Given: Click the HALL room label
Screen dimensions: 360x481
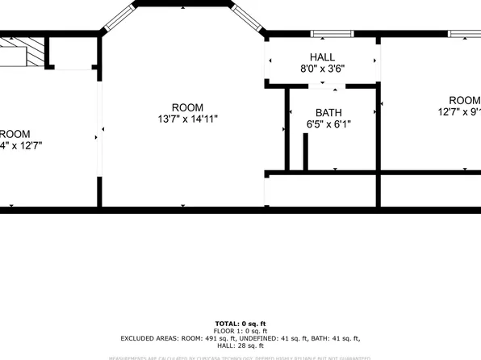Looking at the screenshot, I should pyautogui.click(x=322, y=57).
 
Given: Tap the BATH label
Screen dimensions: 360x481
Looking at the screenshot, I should pyautogui.click(x=328, y=113).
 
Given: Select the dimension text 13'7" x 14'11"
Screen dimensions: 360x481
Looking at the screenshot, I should pyautogui.click(x=187, y=119).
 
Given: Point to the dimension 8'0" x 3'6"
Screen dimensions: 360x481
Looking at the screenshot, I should pyautogui.click(x=322, y=69).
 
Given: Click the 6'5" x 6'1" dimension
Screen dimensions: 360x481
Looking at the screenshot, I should pyautogui.click(x=328, y=125).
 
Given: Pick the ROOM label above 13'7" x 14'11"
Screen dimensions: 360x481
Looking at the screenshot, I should pyautogui.click(x=187, y=107).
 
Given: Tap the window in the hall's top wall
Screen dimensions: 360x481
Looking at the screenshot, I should pyautogui.click(x=332, y=34).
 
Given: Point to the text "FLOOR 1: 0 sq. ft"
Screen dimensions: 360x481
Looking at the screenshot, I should pyautogui.click(x=240, y=331).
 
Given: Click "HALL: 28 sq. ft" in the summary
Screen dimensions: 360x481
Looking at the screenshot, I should pyautogui.click(x=240, y=345).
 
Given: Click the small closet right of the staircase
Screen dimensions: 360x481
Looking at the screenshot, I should pyautogui.click(x=73, y=52).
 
